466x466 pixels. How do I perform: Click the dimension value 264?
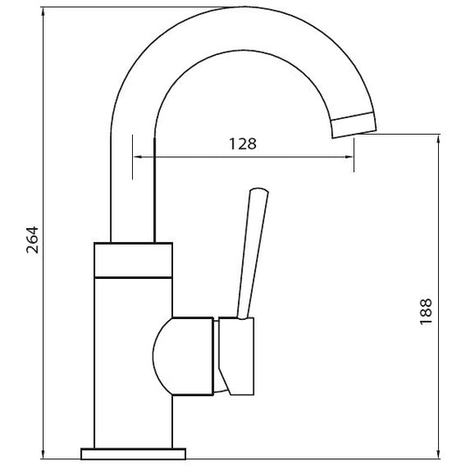click(x=32, y=240)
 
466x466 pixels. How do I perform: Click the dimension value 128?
click(x=242, y=144)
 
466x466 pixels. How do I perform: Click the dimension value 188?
click(x=426, y=311)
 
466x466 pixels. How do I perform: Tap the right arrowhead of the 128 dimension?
click(x=348, y=156)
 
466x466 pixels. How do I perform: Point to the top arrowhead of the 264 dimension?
click(x=44, y=12)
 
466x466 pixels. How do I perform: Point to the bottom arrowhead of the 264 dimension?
click(x=44, y=454)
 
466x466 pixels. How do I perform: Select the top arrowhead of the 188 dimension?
click(x=438, y=140)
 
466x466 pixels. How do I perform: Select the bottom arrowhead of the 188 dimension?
click(x=438, y=454)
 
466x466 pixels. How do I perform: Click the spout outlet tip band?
click(x=354, y=125)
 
